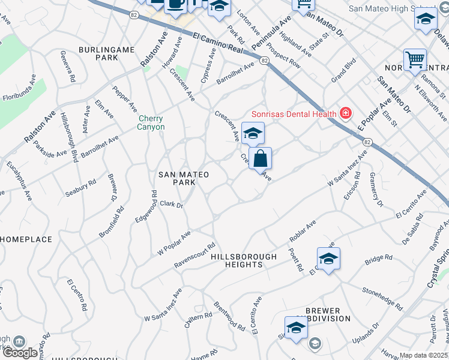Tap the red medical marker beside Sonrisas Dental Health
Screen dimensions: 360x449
click(x=345, y=113)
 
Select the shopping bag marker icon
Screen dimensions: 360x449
click(x=261, y=159)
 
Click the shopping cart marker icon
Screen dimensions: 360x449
click(x=415, y=60)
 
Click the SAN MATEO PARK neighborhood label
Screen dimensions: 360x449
click(x=183, y=178)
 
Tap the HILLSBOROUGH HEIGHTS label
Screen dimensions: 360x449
click(x=244, y=260)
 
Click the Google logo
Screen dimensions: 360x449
click(x=19, y=353)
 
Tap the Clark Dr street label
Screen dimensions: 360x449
click(x=171, y=204)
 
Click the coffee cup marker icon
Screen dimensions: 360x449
click(x=175, y=3)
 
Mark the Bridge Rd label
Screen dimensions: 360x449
click(x=378, y=260)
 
